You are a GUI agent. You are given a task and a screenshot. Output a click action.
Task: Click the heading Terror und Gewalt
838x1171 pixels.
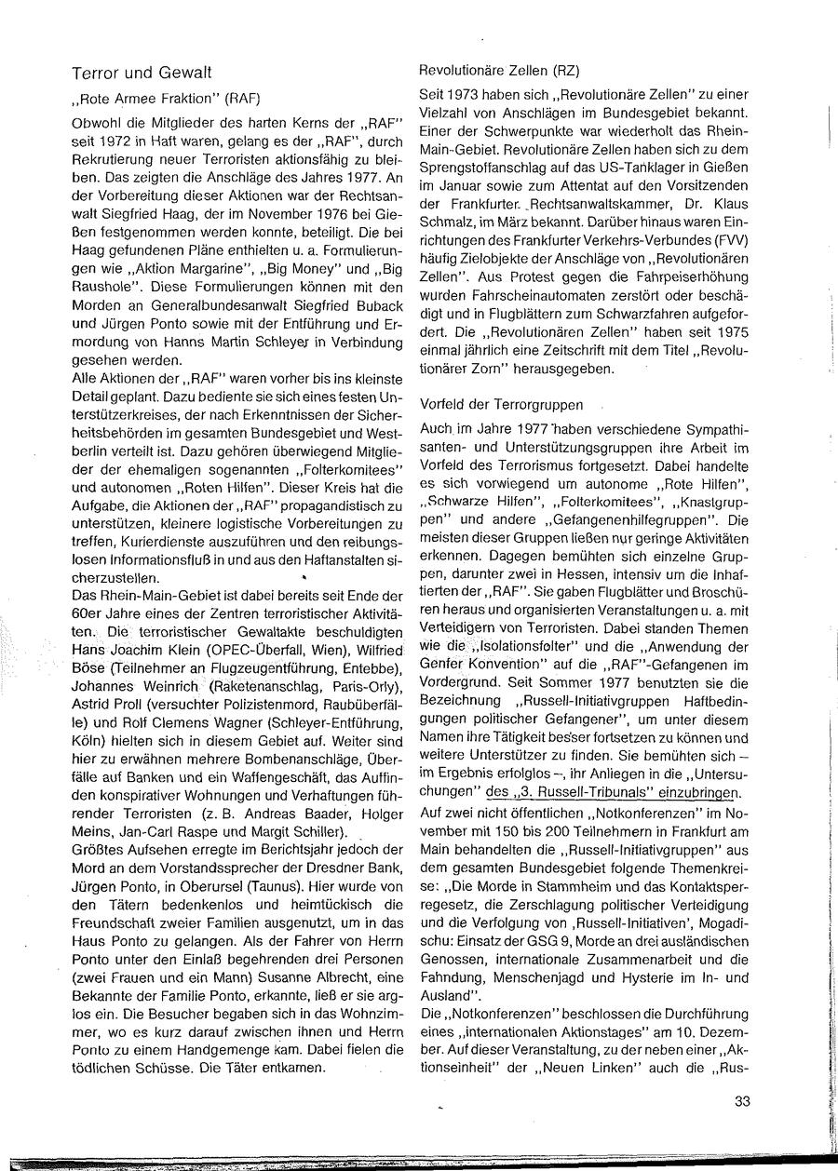pyautogui.click(x=143, y=72)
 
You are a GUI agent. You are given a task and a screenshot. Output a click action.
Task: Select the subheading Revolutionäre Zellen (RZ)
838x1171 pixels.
pyautogui.click(x=485, y=69)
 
